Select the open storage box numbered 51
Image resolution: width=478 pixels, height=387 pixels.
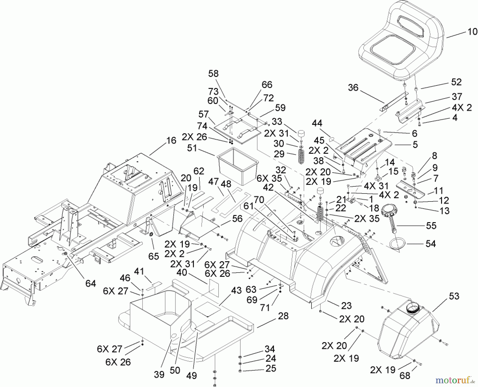[237, 166]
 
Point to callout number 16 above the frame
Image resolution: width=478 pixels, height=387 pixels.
[172, 140]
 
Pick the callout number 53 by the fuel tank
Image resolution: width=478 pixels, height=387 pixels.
[454, 296]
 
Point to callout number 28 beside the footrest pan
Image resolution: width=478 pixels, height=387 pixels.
[283, 316]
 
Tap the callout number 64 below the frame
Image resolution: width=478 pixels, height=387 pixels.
[91, 283]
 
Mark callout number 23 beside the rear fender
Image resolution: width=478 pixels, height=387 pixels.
[346, 306]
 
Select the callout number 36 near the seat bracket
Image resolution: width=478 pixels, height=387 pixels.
[353, 87]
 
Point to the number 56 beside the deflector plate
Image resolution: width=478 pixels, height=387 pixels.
[237, 219]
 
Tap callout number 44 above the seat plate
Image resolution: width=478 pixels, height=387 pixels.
[317, 123]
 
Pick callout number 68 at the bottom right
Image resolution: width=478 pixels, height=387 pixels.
[405, 375]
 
